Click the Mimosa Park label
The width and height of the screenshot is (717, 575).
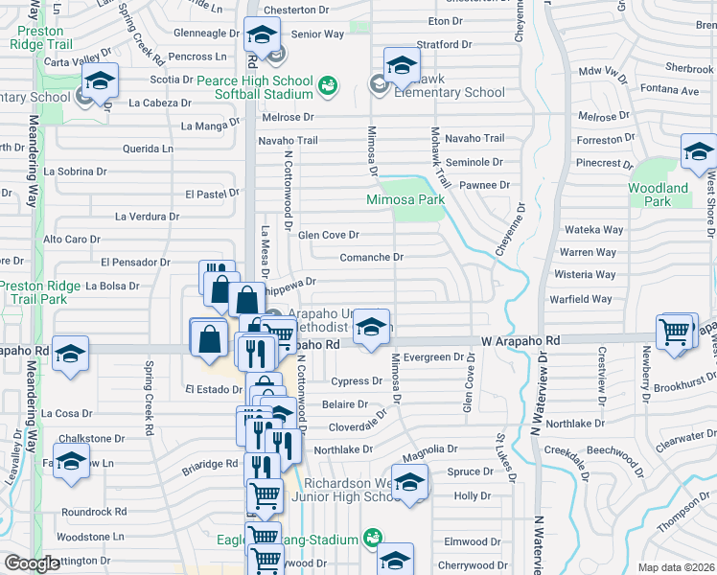pos(405,200)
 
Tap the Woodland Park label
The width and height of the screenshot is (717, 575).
pos(659,195)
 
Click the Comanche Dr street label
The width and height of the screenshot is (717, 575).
pos(372,257)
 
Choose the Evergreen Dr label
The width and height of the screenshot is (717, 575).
pos(433,357)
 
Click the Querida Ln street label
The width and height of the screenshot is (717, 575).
pos(149,149)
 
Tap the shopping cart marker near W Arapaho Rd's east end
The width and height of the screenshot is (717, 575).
pos(676,332)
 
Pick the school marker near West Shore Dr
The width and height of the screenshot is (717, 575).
pos(699,151)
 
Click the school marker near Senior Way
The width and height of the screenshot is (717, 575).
pos(261,36)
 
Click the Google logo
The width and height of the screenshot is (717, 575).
pos(32,563)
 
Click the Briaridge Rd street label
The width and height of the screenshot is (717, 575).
pos(209,463)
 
